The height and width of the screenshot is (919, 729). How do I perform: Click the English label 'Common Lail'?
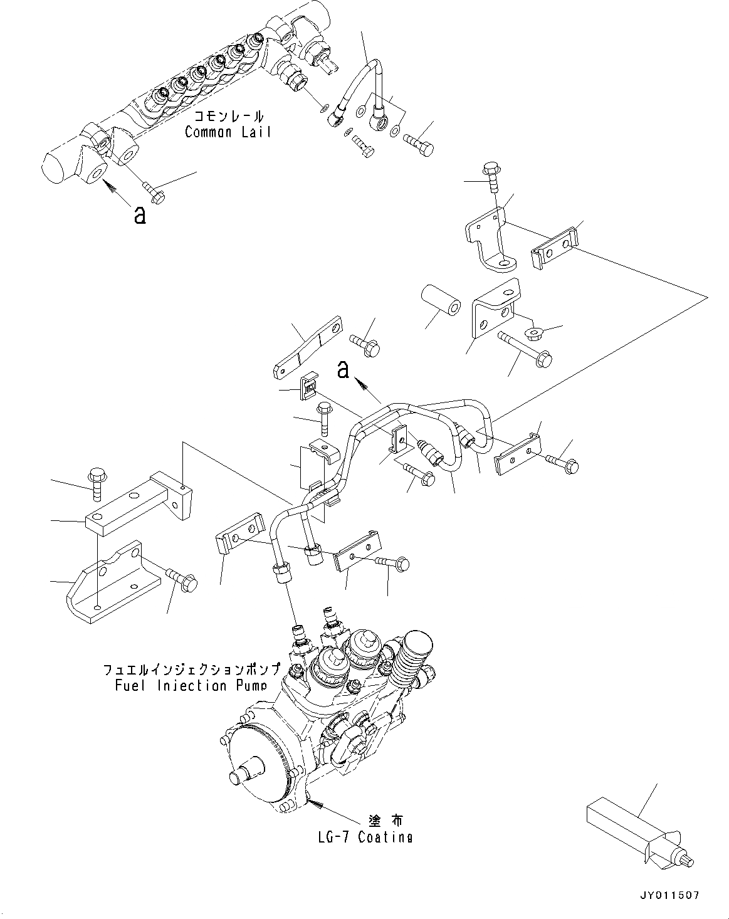click(228, 132)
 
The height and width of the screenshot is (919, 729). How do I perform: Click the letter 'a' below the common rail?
click(140, 215)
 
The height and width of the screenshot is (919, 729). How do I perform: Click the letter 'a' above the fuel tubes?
click(343, 370)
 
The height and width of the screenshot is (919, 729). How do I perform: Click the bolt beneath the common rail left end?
click(153, 192)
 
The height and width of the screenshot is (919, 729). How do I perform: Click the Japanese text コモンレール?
click(229, 117)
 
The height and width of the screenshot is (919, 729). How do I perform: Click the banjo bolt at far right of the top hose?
click(419, 142)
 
